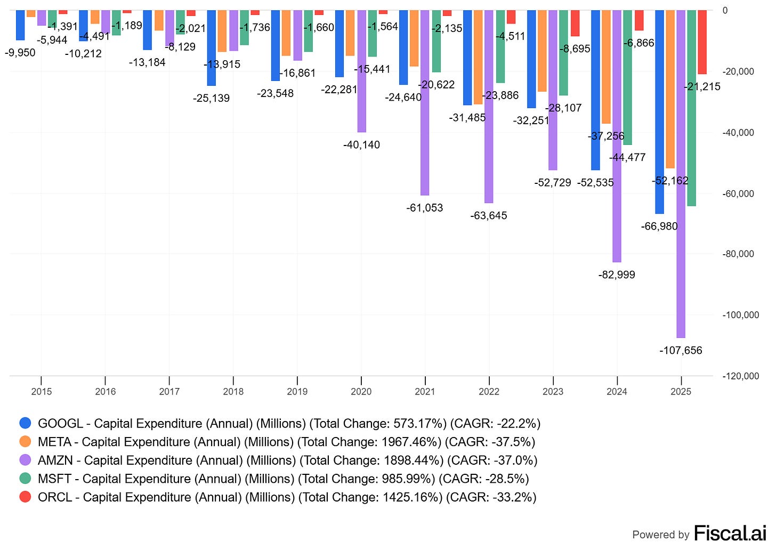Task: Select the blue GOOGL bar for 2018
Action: click(212, 48)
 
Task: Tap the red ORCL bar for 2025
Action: click(702, 42)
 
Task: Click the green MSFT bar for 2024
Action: click(627, 77)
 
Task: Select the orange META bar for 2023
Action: click(542, 51)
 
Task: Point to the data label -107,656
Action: click(681, 351)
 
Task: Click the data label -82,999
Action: click(617, 275)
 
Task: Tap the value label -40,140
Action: click(361, 145)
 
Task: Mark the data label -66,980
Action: click(659, 227)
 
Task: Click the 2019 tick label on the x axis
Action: click(297, 392)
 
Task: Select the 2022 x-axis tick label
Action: click(489, 392)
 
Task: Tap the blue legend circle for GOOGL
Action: click(25, 424)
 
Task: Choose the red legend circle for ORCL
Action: click(25, 497)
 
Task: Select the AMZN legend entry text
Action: click(287, 460)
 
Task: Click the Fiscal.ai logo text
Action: click(730, 533)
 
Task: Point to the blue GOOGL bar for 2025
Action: click(659, 112)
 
